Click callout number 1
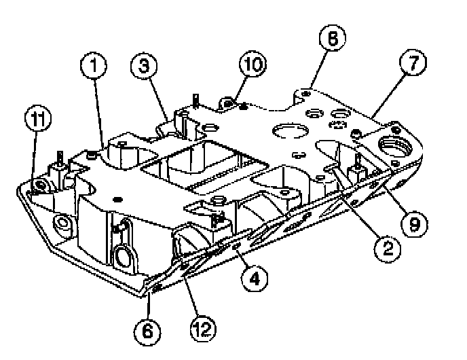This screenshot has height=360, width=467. pos(96,67)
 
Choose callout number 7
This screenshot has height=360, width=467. pos(414,64)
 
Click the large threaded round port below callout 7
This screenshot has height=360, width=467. pos(397,145)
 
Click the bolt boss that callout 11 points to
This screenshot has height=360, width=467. pos(41,184)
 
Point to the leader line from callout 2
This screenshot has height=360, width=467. pos(360,204)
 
